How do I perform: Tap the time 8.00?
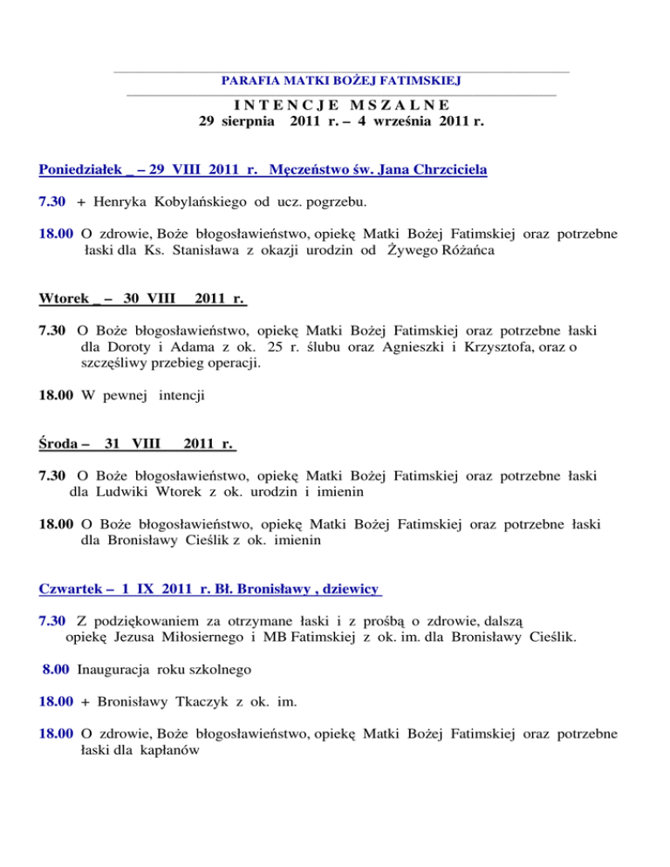coord(58,672)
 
